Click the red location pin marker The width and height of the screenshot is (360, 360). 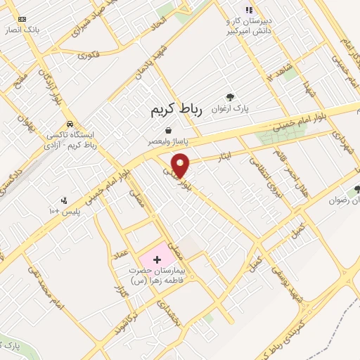(x=181, y=165)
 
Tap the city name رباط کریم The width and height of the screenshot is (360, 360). (x=176, y=110)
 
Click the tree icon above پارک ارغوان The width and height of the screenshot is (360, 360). (x=229, y=97)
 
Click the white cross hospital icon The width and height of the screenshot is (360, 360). (x=156, y=259)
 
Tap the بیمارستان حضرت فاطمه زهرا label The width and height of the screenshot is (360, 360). (x=158, y=276)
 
